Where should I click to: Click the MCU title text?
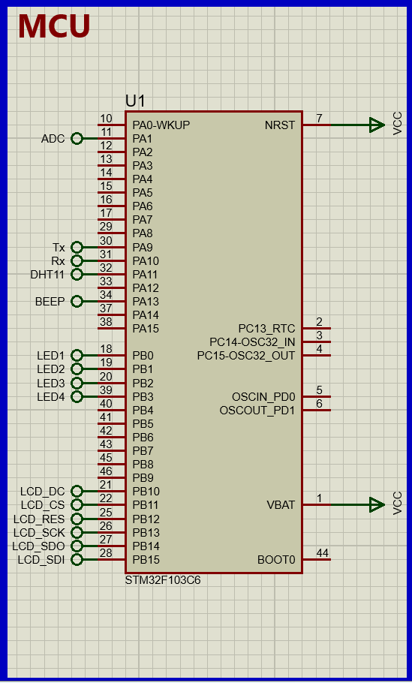pos(54,27)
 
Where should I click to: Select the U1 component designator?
pos(135,101)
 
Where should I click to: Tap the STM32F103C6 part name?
pos(163,580)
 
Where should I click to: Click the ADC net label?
pos(53,139)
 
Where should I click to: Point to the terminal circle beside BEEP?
pos(76,301)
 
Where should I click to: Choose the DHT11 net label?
pos(47,275)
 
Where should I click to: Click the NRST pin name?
pos(280,125)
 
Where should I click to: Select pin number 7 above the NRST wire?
pos(319,119)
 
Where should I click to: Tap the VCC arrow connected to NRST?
pos(377,125)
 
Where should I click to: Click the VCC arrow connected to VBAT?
pos(377,505)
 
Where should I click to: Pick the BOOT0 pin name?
pos(276,560)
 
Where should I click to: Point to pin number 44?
pos(322,553)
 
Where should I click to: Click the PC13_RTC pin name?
pos(266,329)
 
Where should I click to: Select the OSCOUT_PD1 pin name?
pos(257,411)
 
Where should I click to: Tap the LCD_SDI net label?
pos(41,560)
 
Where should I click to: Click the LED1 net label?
pos(51,356)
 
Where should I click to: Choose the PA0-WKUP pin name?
pos(161,125)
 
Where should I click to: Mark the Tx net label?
pos(59,248)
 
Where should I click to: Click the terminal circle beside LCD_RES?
pos(76,519)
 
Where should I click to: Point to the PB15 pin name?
pos(146,560)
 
